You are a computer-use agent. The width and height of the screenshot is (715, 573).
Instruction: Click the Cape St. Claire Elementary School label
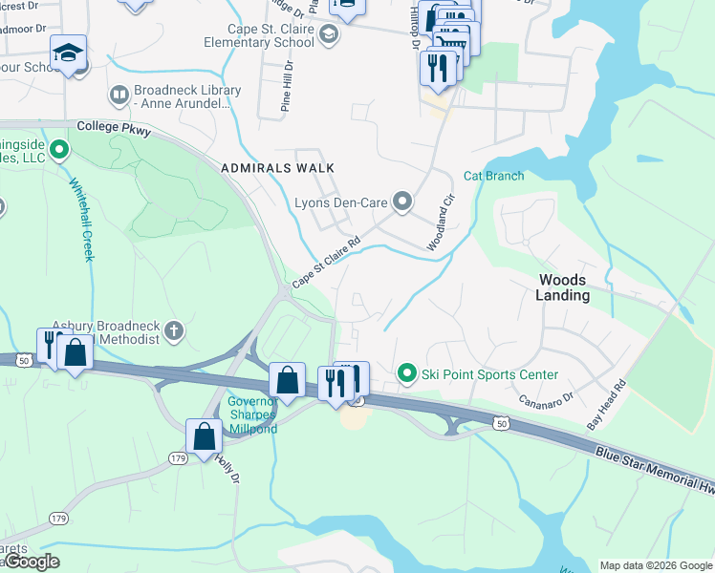click(258, 35)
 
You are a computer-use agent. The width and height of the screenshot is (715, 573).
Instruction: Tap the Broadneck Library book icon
click(119, 95)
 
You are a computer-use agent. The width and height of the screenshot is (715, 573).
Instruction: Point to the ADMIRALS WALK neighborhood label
click(277, 168)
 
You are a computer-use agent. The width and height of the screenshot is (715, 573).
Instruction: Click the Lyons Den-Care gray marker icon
click(403, 202)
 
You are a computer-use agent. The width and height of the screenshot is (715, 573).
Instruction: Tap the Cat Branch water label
click(493, 176)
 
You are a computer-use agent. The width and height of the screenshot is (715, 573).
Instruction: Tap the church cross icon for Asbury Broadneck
click(173, 332)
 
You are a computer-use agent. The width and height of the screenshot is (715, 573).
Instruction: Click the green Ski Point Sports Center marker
click(407, 373)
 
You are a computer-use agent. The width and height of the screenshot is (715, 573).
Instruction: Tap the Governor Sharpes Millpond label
click(252, 414)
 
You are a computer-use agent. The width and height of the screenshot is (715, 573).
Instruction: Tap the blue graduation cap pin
click(68, 53)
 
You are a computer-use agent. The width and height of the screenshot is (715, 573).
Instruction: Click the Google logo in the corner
click(32, 562)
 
